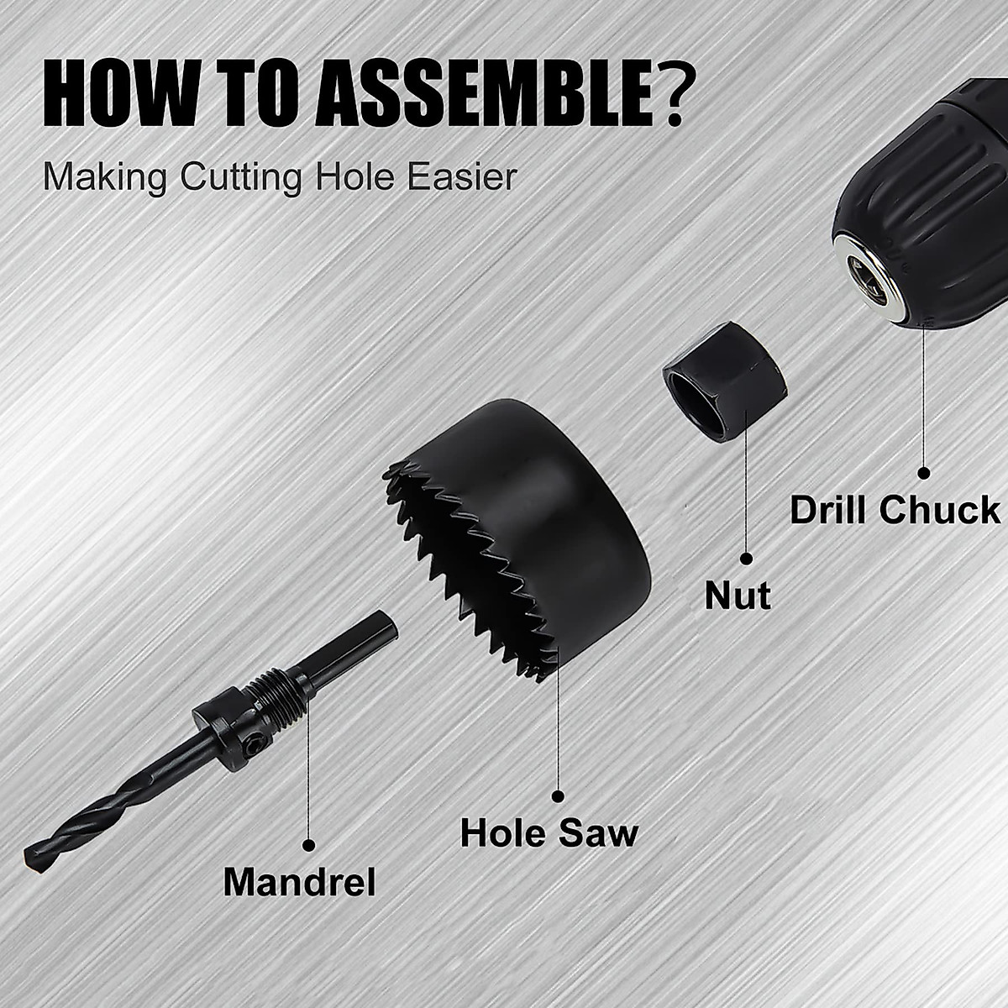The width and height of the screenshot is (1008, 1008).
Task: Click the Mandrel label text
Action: point(299,882)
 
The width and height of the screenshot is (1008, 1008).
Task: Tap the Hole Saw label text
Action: point(549,833)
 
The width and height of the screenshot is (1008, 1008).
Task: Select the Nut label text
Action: point(738,596)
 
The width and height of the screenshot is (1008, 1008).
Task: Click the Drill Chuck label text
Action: point(895,510)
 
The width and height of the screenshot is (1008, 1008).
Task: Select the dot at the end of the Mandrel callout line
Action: point(307,843)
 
